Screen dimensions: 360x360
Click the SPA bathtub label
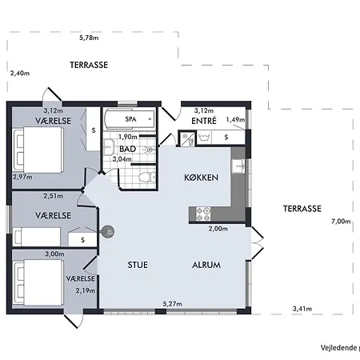[x=130, y=119]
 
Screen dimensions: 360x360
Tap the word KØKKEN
[x=202, y=178]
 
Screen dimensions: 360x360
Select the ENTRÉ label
[x=204, y=121]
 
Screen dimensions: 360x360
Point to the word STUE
[x=138, y=265]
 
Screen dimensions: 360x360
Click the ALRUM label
[x=206, y=265]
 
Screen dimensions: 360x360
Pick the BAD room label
[x=128, y=149]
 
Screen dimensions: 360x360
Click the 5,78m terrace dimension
[x=89, y=38]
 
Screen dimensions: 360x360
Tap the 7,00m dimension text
[x=341, y=222]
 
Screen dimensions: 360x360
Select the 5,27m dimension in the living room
[x=173, y=304]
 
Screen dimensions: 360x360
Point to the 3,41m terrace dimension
[x=302, y=309]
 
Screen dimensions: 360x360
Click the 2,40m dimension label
[x=20, y=73]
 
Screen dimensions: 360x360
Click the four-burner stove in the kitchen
[x=203, y=214]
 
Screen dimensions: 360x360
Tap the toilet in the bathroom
[x=147, y=177]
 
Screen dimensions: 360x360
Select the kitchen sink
[x=238, y=166]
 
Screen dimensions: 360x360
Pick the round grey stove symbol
[x=108, y=232]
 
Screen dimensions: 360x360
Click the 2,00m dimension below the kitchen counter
[x=218, y=229]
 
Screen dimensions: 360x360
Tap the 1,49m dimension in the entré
[x=235, y=120]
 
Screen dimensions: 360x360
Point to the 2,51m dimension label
[x=54, y=196]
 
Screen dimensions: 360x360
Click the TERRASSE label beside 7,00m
[x=302, y=209]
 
